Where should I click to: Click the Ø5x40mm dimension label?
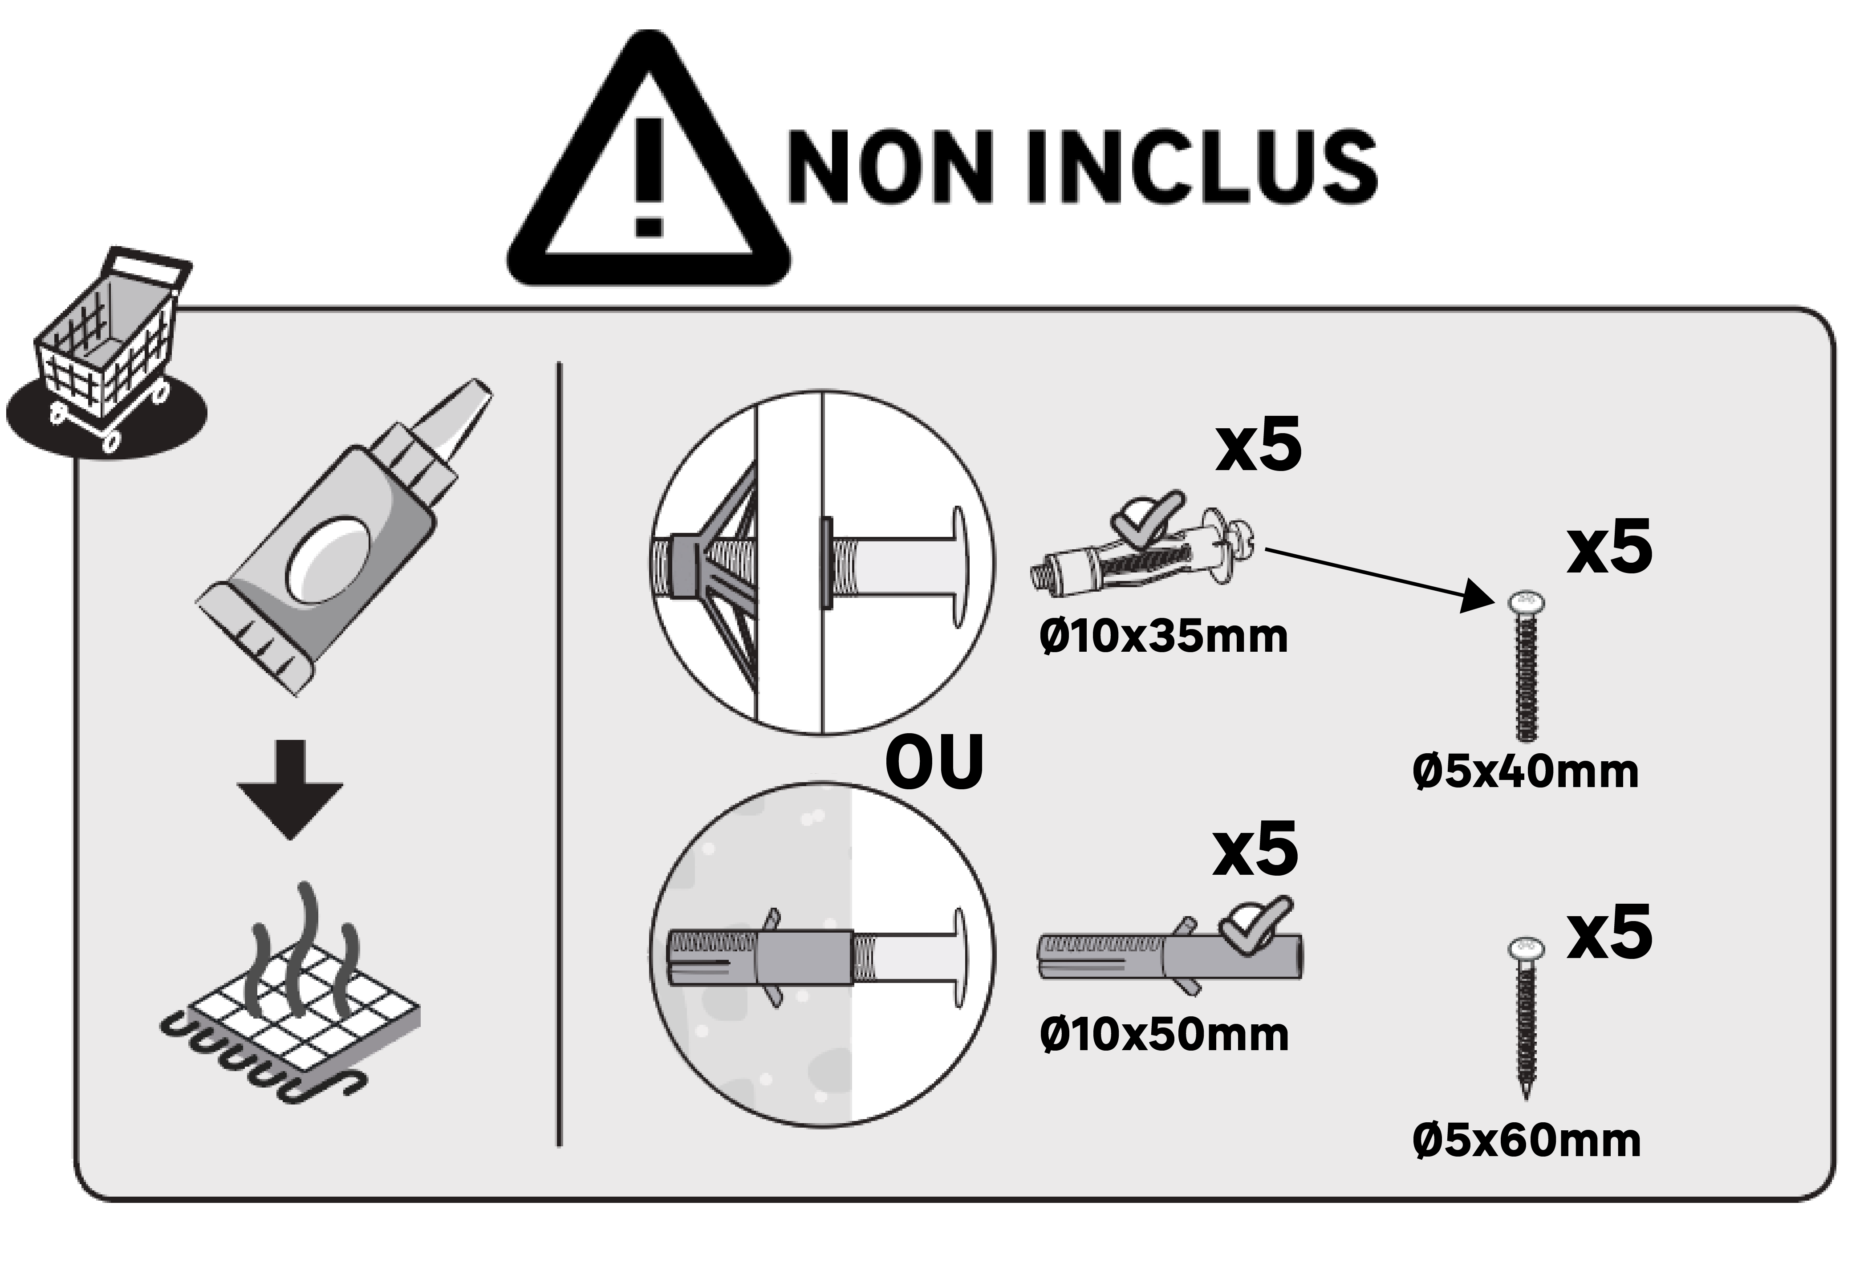point(1525,772)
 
